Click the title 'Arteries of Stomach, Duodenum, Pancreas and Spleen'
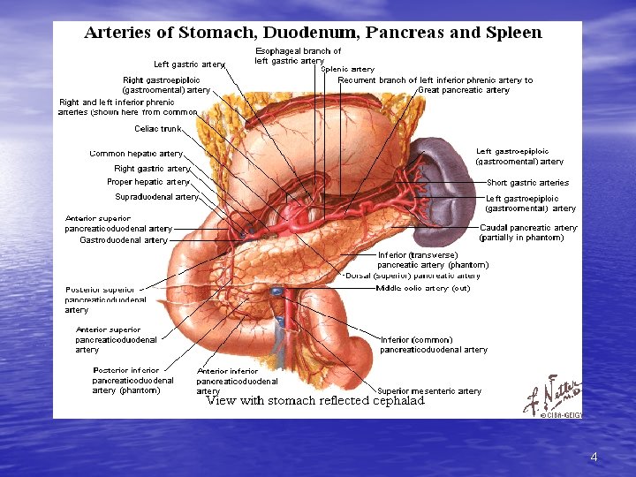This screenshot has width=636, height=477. (x=313, y=34)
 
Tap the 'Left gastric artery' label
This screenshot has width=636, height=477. (x=189, y=64)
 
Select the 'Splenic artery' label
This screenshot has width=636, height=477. (x=347, y=68)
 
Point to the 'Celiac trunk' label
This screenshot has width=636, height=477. (x=158, y=129)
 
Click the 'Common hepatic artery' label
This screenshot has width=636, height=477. (x=136, y=154)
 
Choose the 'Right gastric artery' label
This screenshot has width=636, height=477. (x=152, y=169)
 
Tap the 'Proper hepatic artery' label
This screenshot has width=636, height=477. (x=148, y=183)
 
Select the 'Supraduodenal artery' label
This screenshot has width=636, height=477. (x=156, y=197)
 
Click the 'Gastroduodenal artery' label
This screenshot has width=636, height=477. (x=124, y=240)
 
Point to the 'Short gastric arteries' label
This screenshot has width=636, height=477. (x=527, y=183)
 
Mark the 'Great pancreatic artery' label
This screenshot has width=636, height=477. (x=464, y=90)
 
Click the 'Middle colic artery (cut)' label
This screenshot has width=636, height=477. (x=423, y=288)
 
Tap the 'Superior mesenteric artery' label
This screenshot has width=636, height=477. (x=429, y=391)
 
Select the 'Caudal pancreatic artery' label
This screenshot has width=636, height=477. (x=527, y=228)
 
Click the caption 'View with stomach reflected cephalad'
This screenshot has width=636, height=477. (x=314, y=401)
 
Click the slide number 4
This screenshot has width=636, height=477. (x=594, y=457)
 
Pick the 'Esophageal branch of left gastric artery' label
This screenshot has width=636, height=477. (x=298, y=56)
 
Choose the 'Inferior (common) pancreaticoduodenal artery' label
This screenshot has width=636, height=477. (x=433, y=344)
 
